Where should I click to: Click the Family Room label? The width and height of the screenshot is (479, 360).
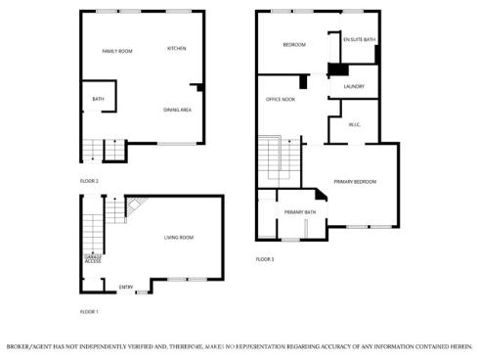click(x=117, y=51)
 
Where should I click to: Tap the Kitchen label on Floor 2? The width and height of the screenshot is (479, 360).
click(x=177, y=49)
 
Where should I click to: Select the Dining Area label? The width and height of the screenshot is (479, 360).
click(x=177, y=110)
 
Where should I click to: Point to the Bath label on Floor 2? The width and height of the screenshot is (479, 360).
click(x=99, y=99)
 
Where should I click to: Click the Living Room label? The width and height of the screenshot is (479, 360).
click(x=178, y=237)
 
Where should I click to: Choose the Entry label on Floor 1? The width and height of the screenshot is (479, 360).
click(x=126, y=287)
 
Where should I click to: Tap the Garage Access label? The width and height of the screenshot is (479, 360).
click(x=93, y=259)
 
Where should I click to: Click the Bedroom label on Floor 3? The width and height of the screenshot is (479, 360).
click(x=294, y=45)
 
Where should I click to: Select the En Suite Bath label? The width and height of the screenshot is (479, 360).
click(x=359, y=40)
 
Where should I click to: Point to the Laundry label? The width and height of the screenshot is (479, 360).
click(x=354, y=86)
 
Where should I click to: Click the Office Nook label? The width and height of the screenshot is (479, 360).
click(x=282, y=99)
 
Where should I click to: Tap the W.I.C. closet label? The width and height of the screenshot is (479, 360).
click(x=355, y=124)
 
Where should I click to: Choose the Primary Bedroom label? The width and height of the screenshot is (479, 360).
click(x=355, y=182)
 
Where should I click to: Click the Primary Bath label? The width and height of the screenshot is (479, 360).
click(x=300, y=212)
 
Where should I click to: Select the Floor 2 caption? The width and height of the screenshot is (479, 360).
click(x=89, y=181)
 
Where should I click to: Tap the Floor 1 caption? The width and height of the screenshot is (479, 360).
click(x=89, y=311)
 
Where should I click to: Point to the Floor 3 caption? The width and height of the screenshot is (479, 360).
click(x=265, y=259)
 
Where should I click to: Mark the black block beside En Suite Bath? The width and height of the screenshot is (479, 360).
click(x=337, y=69)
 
